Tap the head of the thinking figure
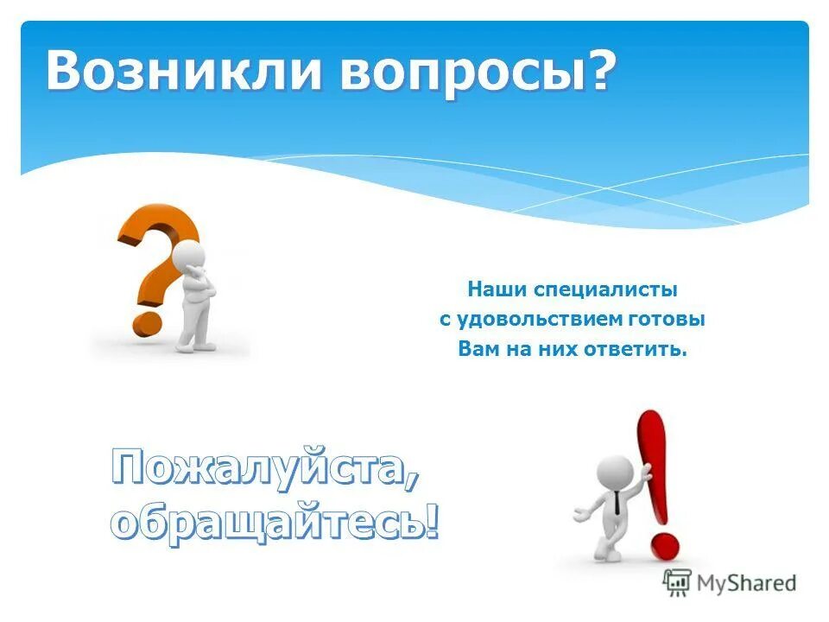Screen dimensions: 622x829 (x=190, y=257)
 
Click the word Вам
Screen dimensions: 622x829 (x=475, y=350)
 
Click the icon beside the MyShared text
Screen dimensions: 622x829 (x=676, y=582)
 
